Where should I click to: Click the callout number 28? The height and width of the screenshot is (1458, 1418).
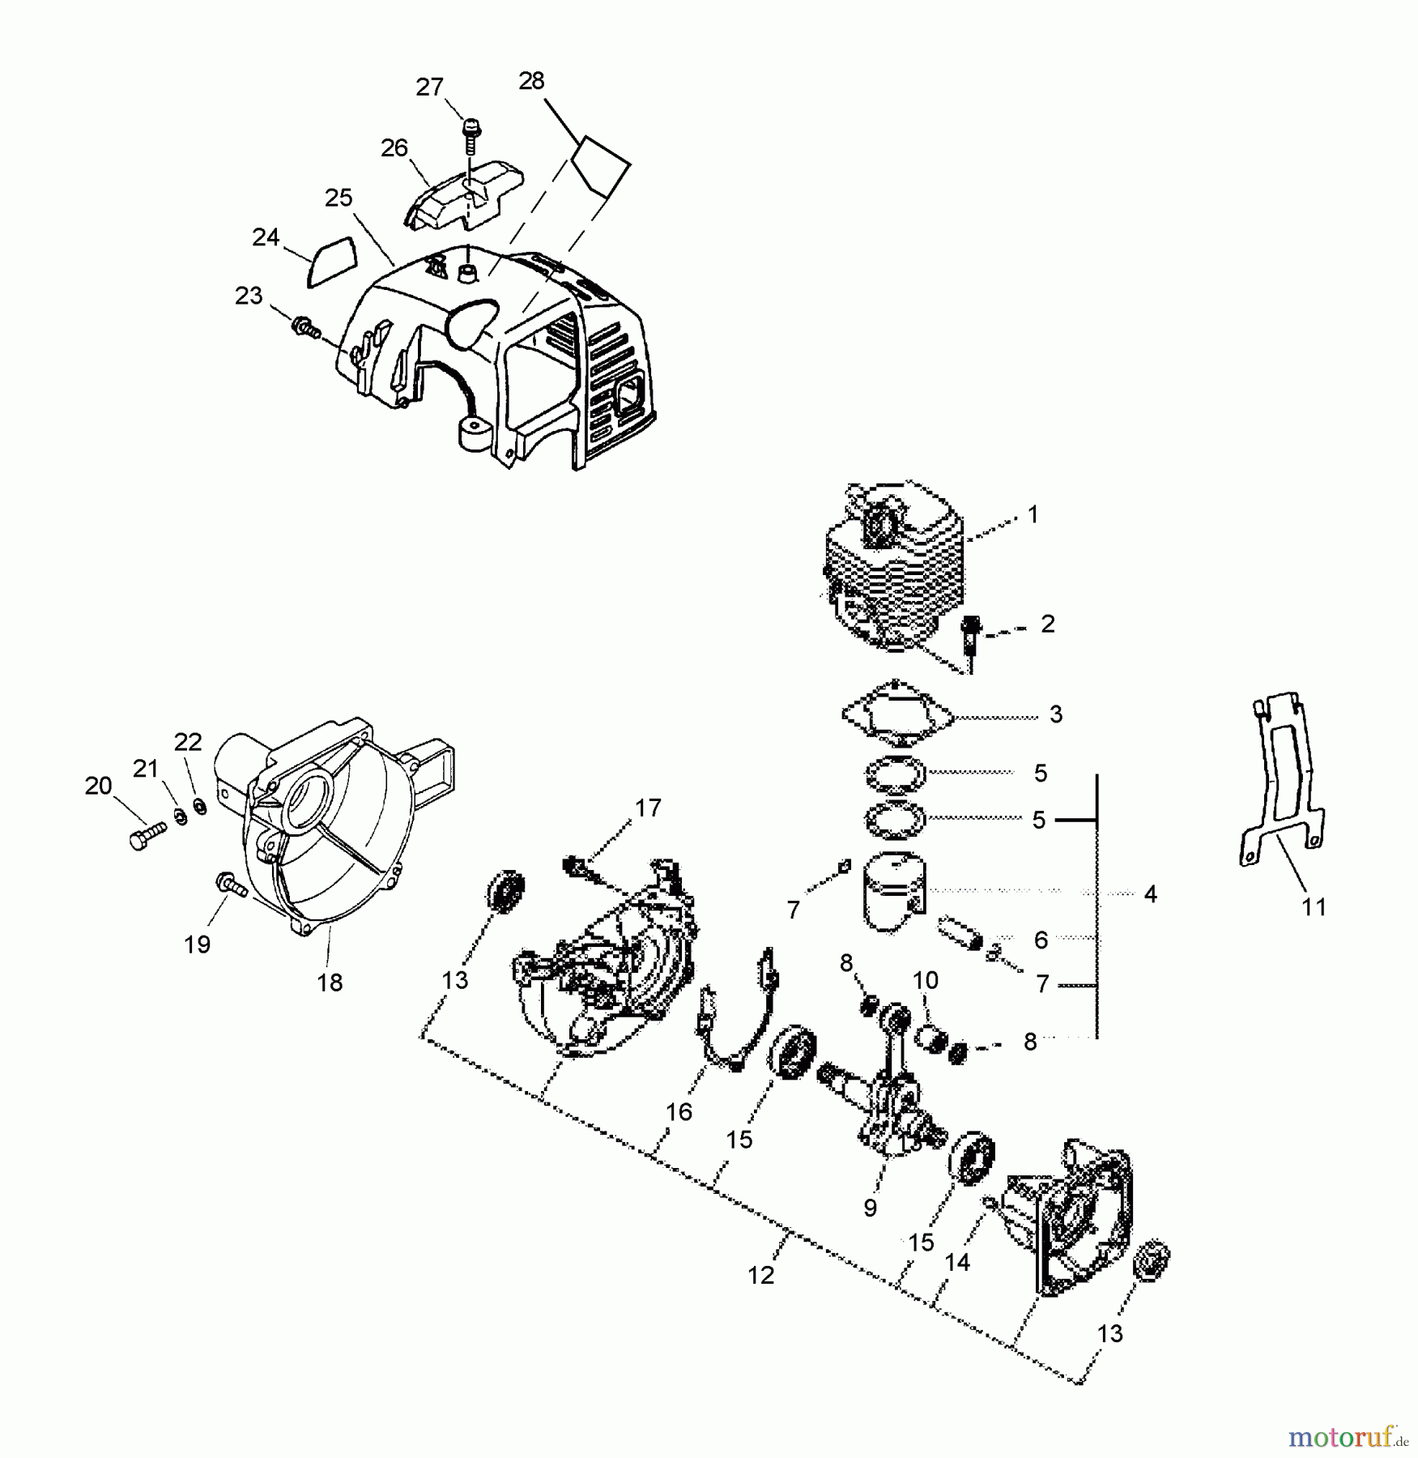531,81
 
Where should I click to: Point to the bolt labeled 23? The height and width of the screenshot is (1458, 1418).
304,328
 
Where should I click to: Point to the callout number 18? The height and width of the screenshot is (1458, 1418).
330,983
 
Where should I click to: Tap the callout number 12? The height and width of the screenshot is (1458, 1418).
760,1275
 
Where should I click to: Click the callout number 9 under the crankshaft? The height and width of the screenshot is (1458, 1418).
870,1208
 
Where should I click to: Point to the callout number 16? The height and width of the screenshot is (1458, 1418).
679,1112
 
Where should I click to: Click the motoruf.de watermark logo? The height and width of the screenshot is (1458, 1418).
1348,1436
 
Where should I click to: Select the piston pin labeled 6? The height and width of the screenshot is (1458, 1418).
958,934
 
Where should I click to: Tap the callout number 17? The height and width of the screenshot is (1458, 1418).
648,808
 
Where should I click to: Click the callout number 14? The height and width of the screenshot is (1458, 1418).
957,1262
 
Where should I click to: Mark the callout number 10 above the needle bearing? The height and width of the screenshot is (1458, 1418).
925,980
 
